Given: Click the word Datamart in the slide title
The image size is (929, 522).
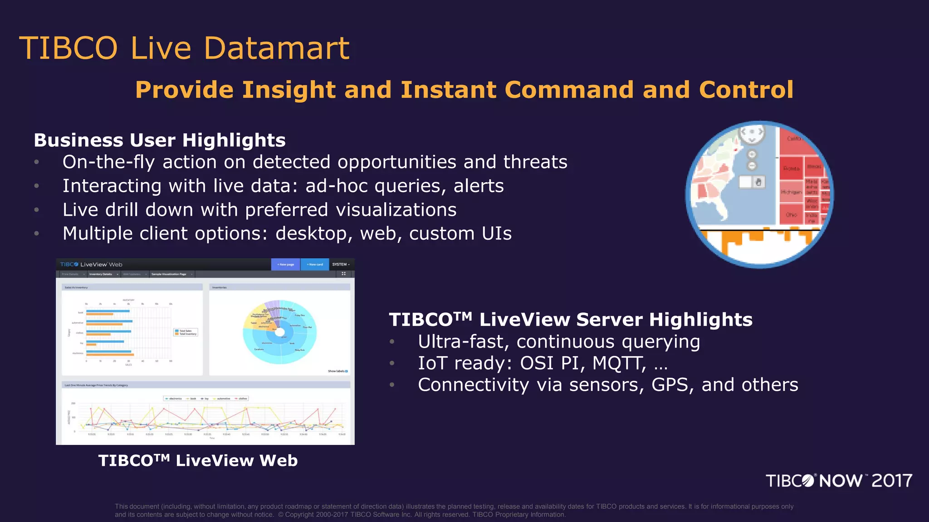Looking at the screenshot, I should [x=276, y=48].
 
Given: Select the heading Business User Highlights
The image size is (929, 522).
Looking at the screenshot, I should [x=160, y=140].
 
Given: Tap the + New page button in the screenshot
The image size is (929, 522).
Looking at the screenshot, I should [x=285, y=265].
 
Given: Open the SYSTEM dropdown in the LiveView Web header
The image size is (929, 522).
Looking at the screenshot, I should [x=341, y=265].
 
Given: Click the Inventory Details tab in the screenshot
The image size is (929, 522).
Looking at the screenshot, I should [x=101, y=274].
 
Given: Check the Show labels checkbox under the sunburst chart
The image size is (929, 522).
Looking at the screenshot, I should [x=347, y=371].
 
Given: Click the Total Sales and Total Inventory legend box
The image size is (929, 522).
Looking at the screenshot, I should [x=186, y=332].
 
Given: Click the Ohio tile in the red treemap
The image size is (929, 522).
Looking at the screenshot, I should [x=791, y=215].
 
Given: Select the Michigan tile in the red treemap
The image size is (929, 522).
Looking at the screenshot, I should [x=791, y=192].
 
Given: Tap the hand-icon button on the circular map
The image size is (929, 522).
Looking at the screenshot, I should [x=758, y=182].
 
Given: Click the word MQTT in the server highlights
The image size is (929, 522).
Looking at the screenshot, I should [x=619, y=363].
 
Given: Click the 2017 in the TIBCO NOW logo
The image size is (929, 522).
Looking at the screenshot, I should [x=891, y=481].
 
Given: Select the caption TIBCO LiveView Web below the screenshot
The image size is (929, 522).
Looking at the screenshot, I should [x=198, y=461].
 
